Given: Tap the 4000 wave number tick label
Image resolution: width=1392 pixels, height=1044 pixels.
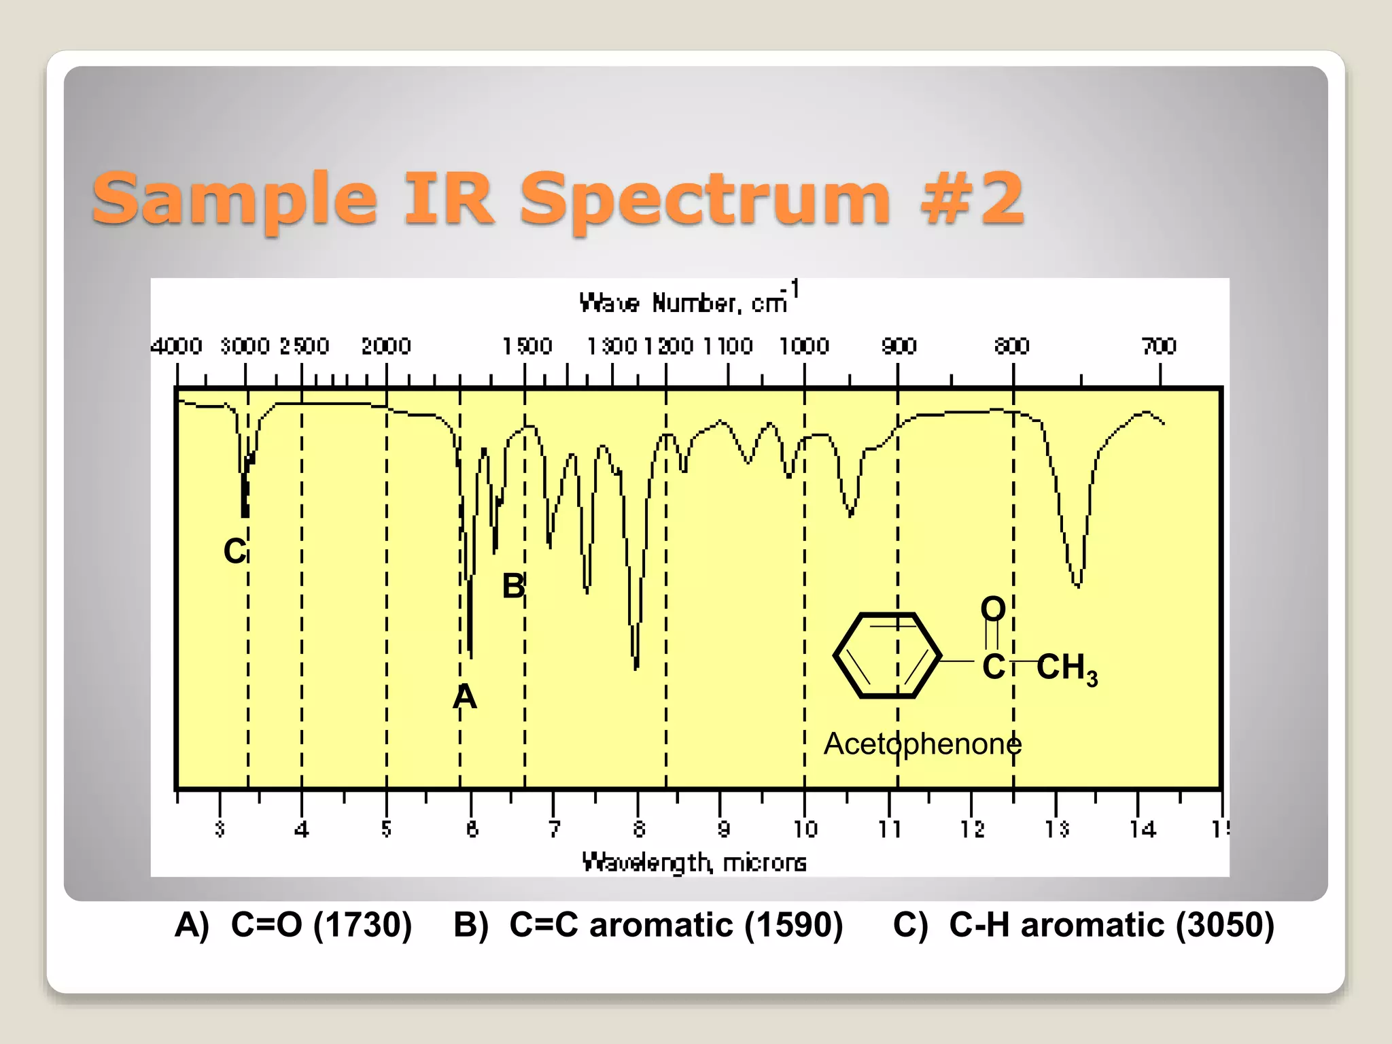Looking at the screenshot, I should pos(177,347).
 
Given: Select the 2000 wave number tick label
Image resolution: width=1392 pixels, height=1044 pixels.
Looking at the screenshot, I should pos(386,347).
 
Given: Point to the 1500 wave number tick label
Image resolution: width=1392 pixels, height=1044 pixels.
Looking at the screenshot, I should pos(527,347).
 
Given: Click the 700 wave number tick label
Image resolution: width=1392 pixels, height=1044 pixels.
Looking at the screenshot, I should pos(1159,347).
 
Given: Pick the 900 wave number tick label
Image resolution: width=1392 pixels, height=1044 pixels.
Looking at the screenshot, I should pos(899,347).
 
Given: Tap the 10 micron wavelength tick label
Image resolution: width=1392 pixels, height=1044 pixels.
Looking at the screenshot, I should pos(805,829).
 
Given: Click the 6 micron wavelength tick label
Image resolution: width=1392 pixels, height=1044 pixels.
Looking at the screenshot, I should pos(472,829).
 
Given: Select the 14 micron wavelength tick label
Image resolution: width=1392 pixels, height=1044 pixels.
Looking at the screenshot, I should pos(1143,829).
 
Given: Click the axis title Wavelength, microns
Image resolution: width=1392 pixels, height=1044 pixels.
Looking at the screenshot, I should pos(694,863).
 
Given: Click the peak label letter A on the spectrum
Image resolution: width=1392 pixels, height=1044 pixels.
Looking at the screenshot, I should pos(465,697).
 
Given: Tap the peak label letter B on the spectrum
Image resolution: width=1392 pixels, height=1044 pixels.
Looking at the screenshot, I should pos(513,586).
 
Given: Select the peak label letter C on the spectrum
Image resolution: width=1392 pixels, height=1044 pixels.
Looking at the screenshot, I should pos(234,551).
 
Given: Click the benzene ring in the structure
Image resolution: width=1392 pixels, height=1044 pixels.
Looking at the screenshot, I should pos(887,656).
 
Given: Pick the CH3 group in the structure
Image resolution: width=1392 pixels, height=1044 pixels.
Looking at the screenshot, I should pos(1066,668).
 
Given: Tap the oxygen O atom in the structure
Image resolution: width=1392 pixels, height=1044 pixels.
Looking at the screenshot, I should pos(993,608).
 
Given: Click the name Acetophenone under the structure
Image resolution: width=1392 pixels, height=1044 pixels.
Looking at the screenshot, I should pos(922,744).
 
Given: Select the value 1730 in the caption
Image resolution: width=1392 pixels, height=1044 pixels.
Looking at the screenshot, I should pos(362,925).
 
